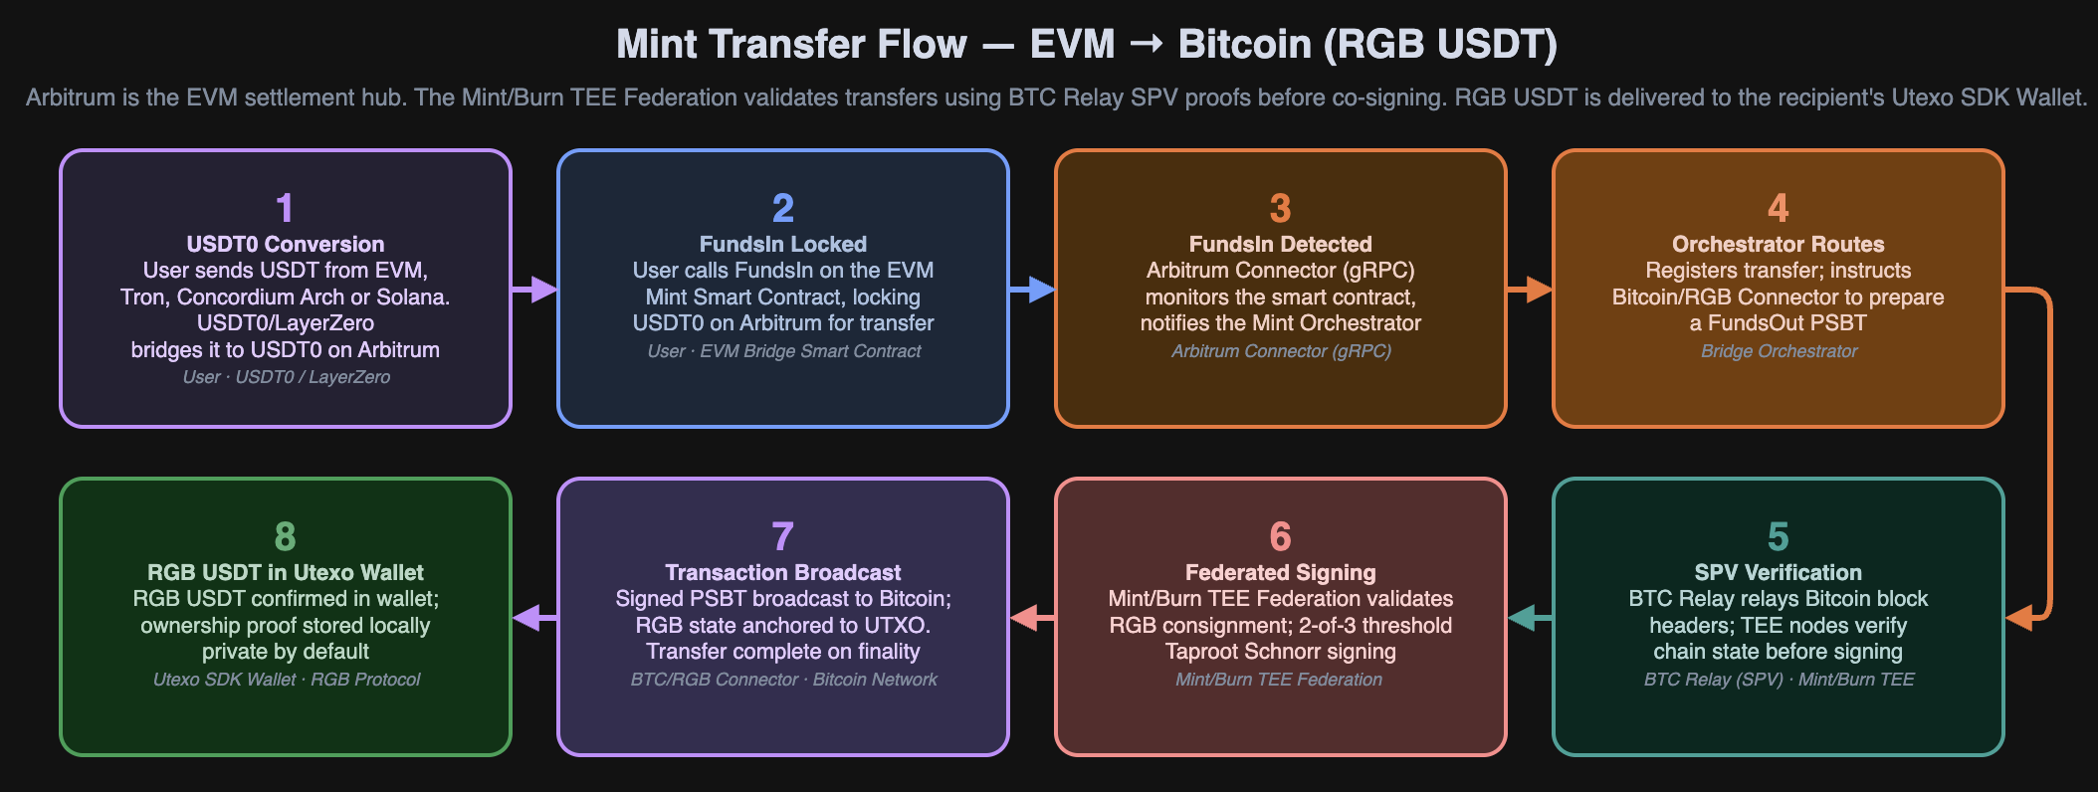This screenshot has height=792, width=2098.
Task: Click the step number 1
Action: [x=285, y=208]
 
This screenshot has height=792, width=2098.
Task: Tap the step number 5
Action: [x=1778, y=536]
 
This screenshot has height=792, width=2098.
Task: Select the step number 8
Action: [x=285, y=536]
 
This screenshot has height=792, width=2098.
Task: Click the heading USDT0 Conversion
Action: [x=285, y=244]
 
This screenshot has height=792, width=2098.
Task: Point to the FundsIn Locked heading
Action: [x=782, y=244]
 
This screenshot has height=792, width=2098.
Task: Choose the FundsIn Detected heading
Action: [x=1280, y=244]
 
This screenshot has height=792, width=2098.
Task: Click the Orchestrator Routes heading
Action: [x=1778, y=244]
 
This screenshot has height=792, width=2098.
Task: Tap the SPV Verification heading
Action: [x=1778, y=572]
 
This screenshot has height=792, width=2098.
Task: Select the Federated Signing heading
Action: [x=1280, y=572]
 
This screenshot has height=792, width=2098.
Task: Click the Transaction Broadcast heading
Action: [x=782, y=572]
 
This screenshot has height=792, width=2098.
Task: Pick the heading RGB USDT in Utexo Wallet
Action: [x=285, y=572]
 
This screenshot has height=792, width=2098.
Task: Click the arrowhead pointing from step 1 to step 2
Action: [x=543, y=290]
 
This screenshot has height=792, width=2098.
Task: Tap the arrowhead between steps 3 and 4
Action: [x=1539, y=290]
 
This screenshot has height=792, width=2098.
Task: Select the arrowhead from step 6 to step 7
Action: [x=1024, y=618]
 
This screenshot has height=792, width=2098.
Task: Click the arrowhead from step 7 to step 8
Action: [x=526, y=618]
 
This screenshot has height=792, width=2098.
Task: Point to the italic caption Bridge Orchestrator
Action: [x=1779, y=351]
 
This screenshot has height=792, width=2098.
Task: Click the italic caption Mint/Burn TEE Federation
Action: [x=1279, y=680]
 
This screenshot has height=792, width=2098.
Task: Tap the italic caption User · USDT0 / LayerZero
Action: [x=286, y=377]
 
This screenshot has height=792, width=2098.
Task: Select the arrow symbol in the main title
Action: [x=1146, y=44]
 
